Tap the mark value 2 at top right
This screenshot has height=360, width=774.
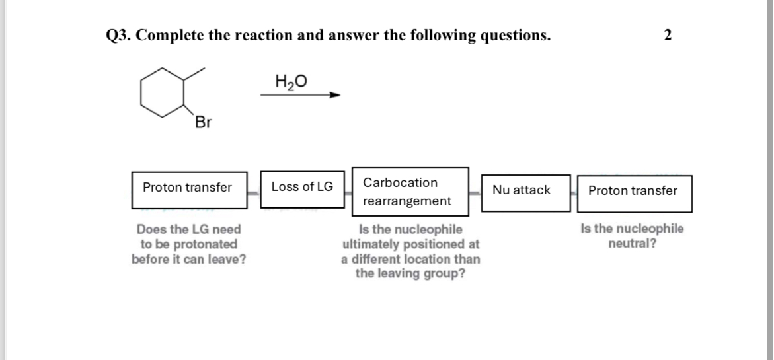pos(668,36)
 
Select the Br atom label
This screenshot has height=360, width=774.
pos(203,122)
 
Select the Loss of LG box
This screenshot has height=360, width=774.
pos(302,187)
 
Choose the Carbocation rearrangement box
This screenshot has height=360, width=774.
pos(410,192)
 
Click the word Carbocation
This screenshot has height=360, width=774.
pos(400,182)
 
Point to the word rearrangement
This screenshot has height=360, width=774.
pos(407,201)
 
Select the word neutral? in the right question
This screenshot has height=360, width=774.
pos(632,243)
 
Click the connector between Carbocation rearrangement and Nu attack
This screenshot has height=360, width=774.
pos(475,192)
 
